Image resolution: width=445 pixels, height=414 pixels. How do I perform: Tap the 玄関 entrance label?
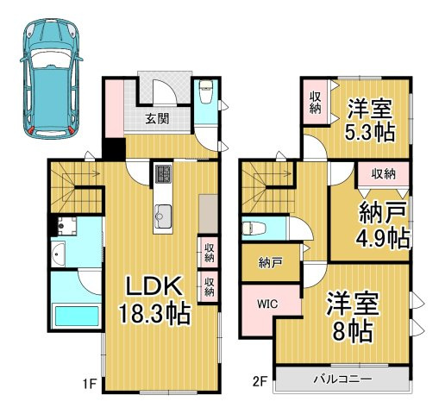coord(156,119)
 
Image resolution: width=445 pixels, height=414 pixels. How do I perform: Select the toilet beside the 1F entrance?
coord(206,91)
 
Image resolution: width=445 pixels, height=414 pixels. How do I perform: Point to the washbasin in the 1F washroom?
coord(59,256)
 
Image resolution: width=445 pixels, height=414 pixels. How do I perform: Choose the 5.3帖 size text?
coord(370,134)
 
